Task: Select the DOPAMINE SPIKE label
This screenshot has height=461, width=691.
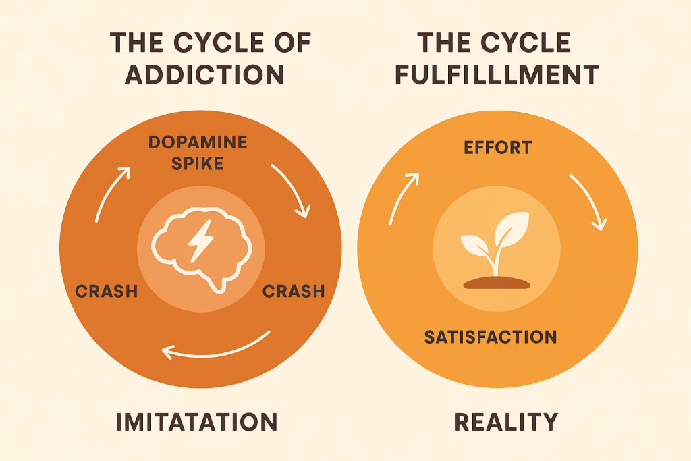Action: [x=197, y=153]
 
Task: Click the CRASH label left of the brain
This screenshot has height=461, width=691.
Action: [x=107, y=292]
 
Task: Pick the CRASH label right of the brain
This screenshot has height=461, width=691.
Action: [x=294, y=292]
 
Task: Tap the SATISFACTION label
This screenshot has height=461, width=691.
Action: [x=491, y=336]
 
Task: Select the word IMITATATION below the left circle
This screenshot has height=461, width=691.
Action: [x=196, y=423]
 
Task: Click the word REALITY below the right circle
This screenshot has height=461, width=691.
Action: [x=506, y=423]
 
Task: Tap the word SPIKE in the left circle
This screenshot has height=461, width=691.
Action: [x=197, y=163]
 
